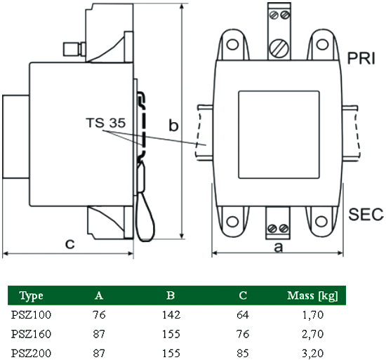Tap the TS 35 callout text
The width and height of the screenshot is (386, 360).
click(x=105, y=123)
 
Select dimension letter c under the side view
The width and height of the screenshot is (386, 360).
click(x=69, y=244)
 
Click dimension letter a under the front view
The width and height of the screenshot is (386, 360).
click(x=279, y=246)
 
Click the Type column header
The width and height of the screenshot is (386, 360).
click(x=32, y=295)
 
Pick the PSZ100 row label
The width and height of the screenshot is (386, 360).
click(x=32, y=314)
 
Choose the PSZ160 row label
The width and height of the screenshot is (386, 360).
click(x=32, y=333)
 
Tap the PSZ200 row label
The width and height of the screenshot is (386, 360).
click(x=32, y=352)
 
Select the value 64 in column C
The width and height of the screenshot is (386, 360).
click(x=243, y=314)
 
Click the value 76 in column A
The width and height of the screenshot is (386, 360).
click(x=99, y=314)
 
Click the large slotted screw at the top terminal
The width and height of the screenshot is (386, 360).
click(x=279, y=47)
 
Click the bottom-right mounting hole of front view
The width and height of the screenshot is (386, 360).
click(x=323, y=222)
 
